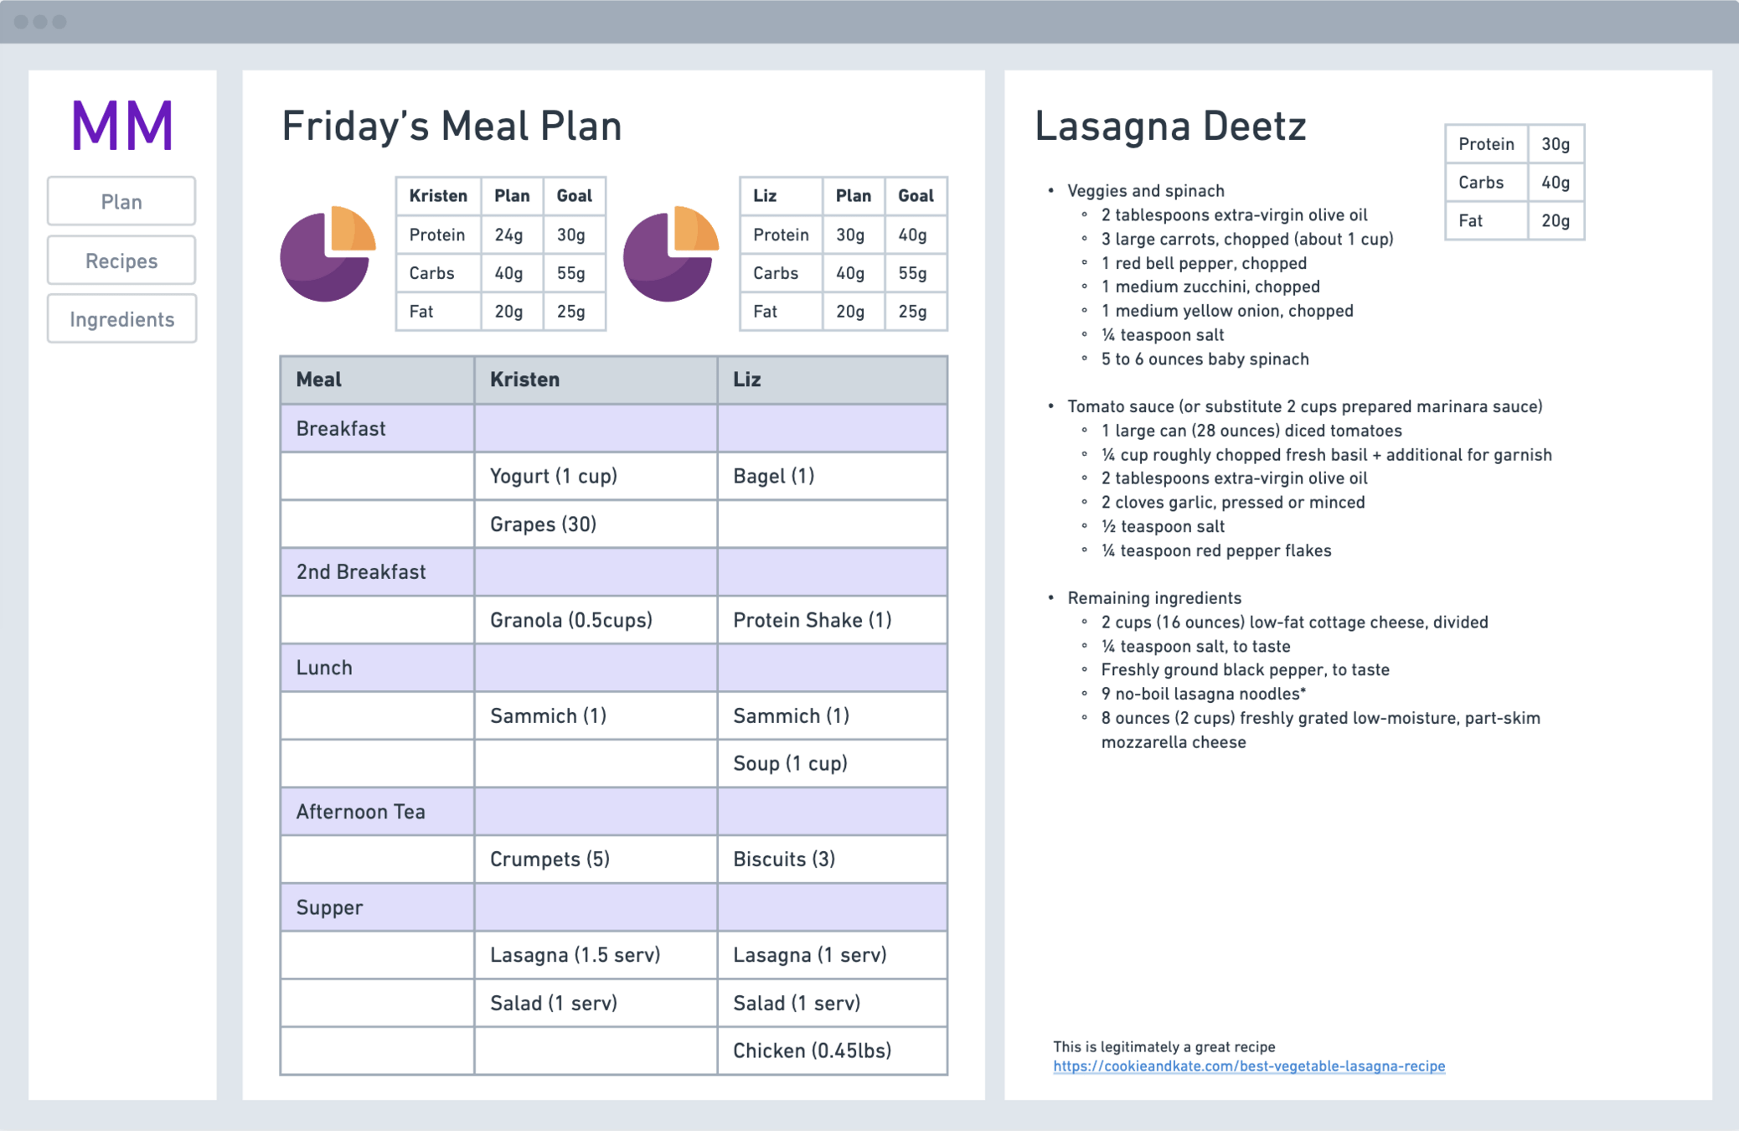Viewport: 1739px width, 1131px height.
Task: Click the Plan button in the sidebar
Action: [121, 202]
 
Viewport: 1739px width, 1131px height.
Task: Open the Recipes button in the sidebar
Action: [121, 261]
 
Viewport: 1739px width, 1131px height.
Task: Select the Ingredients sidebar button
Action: [121, 319]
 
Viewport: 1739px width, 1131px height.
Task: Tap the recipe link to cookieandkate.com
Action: [1248, 1066]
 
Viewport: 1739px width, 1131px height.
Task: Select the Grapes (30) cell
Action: [543, 524]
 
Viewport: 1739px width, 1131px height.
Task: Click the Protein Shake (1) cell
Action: [812, 620]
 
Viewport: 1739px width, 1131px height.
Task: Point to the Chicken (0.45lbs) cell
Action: [812, 1051]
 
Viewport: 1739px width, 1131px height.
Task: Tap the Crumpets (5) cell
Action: [550, 860]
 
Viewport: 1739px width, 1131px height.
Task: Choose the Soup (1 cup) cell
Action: [790, 763]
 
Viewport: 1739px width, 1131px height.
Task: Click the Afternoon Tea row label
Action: [360, 812]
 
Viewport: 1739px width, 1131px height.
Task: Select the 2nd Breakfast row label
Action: [361, 572]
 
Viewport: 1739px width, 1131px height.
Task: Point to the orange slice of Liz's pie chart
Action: [694, 229]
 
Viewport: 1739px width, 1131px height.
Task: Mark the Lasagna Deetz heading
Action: [1170, 127]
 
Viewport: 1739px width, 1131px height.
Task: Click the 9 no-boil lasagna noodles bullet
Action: [1203, 694]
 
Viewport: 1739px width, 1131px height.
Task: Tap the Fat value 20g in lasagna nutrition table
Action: [1556, 221]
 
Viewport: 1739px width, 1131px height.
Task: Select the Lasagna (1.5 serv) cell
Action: [575, 955]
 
